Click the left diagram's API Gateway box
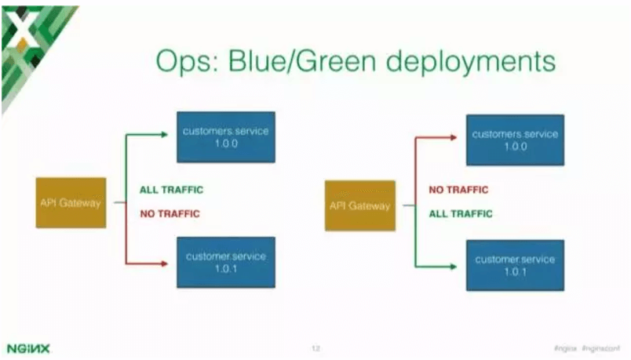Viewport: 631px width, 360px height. [x=71, y=202]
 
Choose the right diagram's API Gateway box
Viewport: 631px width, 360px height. [x=359, y=206]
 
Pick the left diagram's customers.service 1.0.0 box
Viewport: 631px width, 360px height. [x=226, y=136]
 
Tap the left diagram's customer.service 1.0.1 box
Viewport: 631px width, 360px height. [x=226, y=263]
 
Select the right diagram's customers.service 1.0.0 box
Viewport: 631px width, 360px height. [x=515, y=140]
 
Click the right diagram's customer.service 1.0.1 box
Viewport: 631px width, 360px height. [x=515, y=265]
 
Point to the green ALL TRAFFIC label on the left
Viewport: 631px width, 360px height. [x=173, y=190]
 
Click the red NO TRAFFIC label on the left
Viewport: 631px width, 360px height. [x=170, y=213]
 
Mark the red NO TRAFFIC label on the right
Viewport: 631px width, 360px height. [x=458, y=190]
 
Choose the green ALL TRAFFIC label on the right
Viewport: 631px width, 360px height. [x=461, y=213]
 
